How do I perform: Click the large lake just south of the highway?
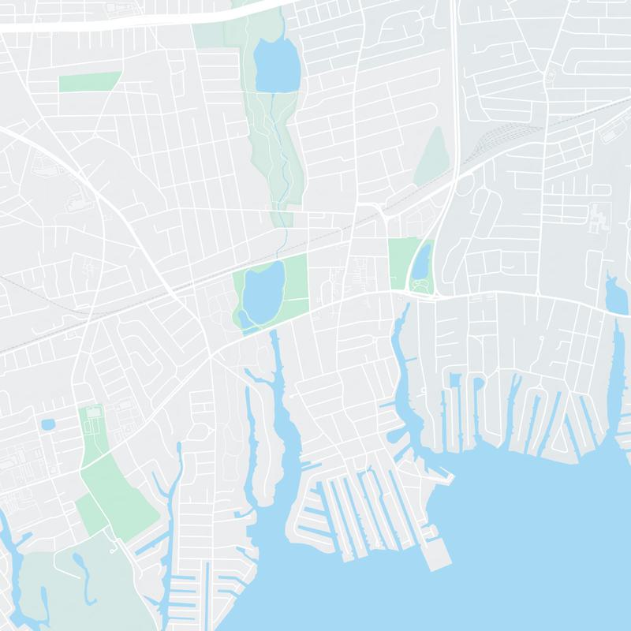pos(278,65)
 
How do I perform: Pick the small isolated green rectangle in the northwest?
pos(90,80)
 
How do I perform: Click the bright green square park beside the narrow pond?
pos(401,262)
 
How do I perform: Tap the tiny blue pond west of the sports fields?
pos(47,424)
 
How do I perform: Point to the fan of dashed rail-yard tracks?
pos(505,137)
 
